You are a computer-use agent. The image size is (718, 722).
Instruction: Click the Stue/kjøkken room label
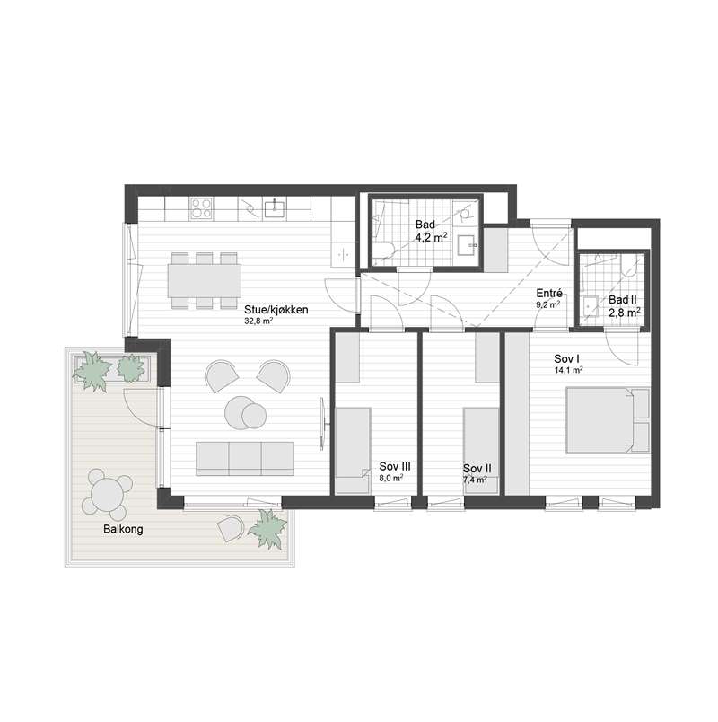[x=276, y=310]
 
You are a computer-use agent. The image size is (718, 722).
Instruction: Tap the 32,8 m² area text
[x=258, y=321]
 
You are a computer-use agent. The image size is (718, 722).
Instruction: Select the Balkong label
[x=123, y=529]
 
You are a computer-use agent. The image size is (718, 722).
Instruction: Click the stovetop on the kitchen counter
[x=202, y=208]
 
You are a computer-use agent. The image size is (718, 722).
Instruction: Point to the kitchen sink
[x=275, y=208]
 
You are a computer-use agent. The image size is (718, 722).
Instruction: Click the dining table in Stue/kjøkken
[x=205, y=280]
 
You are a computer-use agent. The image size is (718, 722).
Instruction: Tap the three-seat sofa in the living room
[x=245, y=458]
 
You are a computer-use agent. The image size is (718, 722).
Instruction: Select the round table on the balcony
[x=106, y=494]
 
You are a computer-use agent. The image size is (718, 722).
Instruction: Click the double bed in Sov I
[x=608, y=419]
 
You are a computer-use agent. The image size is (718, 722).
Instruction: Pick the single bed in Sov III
[x=353, y=451]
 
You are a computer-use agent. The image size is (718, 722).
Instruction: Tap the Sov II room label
[x=477, y=469]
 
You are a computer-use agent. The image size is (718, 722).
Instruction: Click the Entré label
[x=549, y=294]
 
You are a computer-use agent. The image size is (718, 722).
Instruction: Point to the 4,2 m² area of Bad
[x=431, y=238]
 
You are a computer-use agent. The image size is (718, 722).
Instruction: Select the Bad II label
[x=622, y=300]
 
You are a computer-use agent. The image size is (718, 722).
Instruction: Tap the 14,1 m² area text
[x=569, y=369]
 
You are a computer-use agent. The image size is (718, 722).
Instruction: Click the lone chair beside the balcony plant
[x=230, y=529]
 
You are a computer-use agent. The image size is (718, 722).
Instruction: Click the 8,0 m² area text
[x=391, y=479]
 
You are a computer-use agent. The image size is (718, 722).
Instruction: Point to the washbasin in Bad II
[x=589, y=304]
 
